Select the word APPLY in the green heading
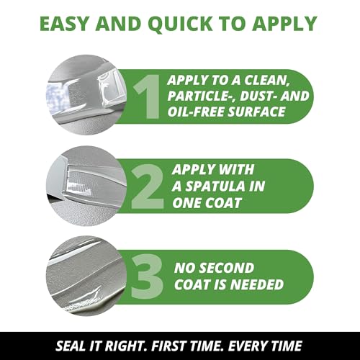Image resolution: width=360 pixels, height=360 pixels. pyautogui.click(x=284, y=24)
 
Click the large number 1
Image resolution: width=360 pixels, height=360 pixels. pyautogui.click(x=147, y=96)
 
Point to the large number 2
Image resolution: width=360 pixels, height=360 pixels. pyautogui.click(x=148, y=186)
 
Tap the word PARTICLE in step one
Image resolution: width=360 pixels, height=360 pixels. pyautogui.click(x=200, y=96)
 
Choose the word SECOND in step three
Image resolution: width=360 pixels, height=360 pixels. pyautogui.click(x=228, y=268)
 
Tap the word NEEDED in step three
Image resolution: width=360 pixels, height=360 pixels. pyautogui.click(x=257, y=284)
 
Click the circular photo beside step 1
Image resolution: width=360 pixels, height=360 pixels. pyautogui.click(x=86, y=95)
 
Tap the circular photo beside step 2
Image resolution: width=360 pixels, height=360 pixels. pyautogui.click(x=86, y=186)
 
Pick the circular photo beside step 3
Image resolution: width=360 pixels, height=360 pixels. pyautogui.click(x=86, y=276)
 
